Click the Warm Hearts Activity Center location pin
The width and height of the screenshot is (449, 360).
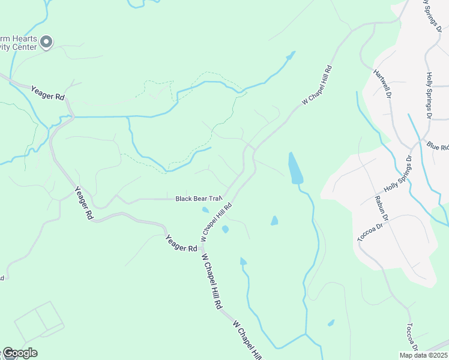click(x=47, y=42)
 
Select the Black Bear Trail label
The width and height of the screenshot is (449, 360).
click(x=199, y=198)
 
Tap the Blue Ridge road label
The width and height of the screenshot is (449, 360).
click(x=438, y=146)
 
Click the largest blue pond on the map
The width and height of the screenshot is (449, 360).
click(x=295, y=169)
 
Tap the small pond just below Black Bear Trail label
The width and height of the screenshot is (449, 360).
click(x=205, y=210)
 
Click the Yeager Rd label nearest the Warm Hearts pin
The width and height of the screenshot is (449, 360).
click(x=47, y=94)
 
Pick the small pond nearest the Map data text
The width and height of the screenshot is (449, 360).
click(x=331, y=323)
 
